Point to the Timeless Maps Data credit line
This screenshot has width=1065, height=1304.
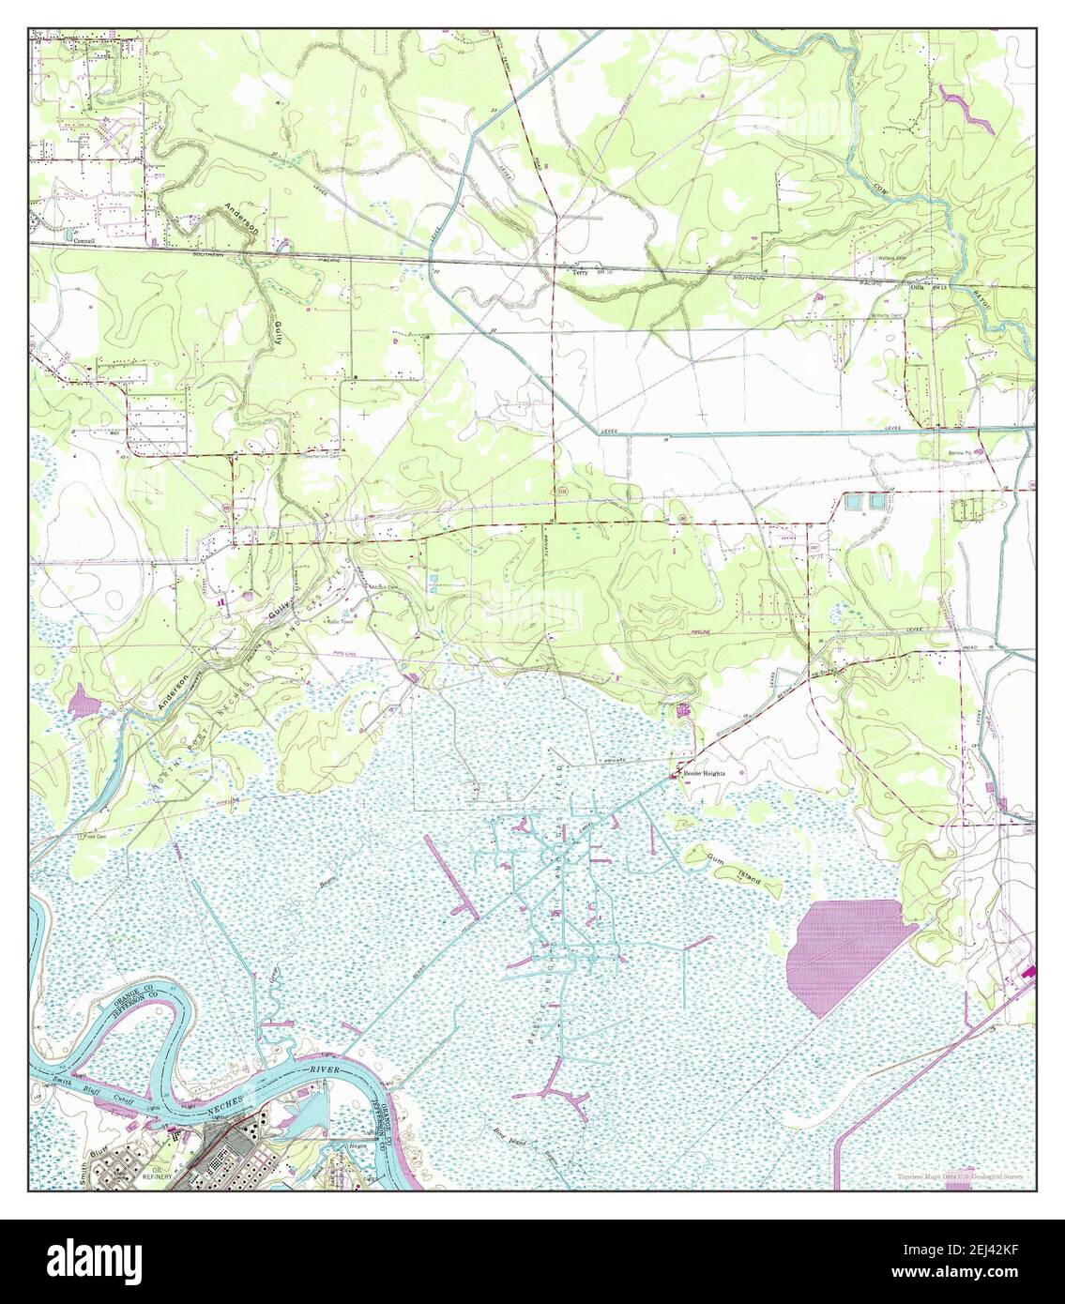[959, 1175]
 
